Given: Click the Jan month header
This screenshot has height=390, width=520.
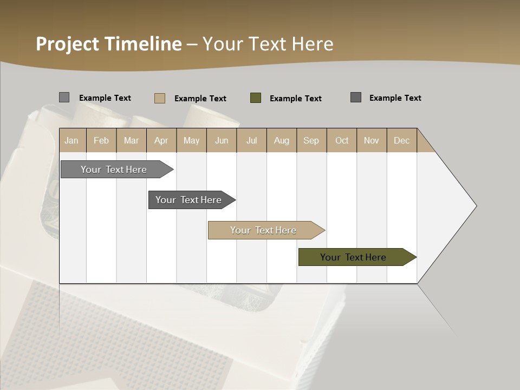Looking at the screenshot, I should [71, 140].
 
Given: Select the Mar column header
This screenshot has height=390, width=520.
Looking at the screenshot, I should [131, 140].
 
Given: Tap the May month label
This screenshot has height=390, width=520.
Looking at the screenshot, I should [191, 140].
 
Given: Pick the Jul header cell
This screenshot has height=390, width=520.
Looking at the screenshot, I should [251, 140].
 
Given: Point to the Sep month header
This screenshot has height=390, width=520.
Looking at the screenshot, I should [311, 140].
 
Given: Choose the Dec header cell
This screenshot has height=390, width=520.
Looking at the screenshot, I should [401, 140].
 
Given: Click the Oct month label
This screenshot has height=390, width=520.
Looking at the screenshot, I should [342, 140].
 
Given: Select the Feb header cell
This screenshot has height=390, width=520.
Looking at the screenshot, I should [101, 140].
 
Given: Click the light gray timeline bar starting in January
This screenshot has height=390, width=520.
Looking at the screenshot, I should [114, 170].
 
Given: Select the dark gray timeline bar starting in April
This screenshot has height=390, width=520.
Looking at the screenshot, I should [188, 200].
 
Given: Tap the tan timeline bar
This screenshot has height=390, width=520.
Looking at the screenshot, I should [263, 230].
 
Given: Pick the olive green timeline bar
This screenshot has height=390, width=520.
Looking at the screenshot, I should [353, 257].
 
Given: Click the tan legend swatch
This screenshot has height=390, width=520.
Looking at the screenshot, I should [160, 98].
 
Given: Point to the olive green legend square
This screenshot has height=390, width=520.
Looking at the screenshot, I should [256, 98].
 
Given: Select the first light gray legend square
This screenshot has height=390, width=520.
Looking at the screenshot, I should [64, 97].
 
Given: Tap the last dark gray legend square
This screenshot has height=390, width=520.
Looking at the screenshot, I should [356, 97].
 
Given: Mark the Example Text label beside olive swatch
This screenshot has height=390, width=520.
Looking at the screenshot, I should [295, 99].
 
